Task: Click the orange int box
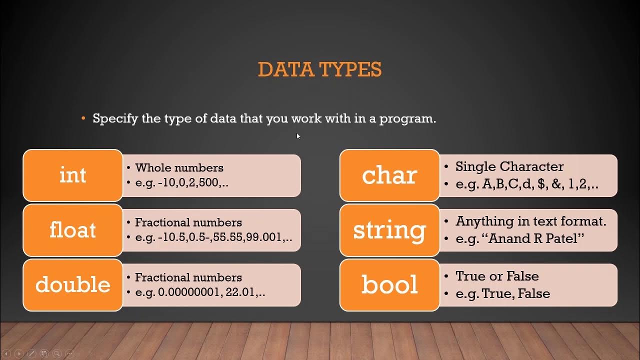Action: pos(73,175)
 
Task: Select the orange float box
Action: pos(73,230)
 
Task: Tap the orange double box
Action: pos(73,284)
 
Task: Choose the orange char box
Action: pos(389,175)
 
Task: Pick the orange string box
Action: pos(389,230)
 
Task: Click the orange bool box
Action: pos(389,284)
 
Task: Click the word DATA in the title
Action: pos(281,70)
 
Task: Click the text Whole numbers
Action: pos(179,168)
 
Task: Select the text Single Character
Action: pos(509,167)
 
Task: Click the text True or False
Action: pos(497,276)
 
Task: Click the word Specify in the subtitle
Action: pos(118,119)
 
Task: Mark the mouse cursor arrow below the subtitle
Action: pos(298,136)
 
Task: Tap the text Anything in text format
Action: pos(530,221)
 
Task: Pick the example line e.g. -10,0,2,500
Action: pos(181,182)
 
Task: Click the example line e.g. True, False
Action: pos(502,293)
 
